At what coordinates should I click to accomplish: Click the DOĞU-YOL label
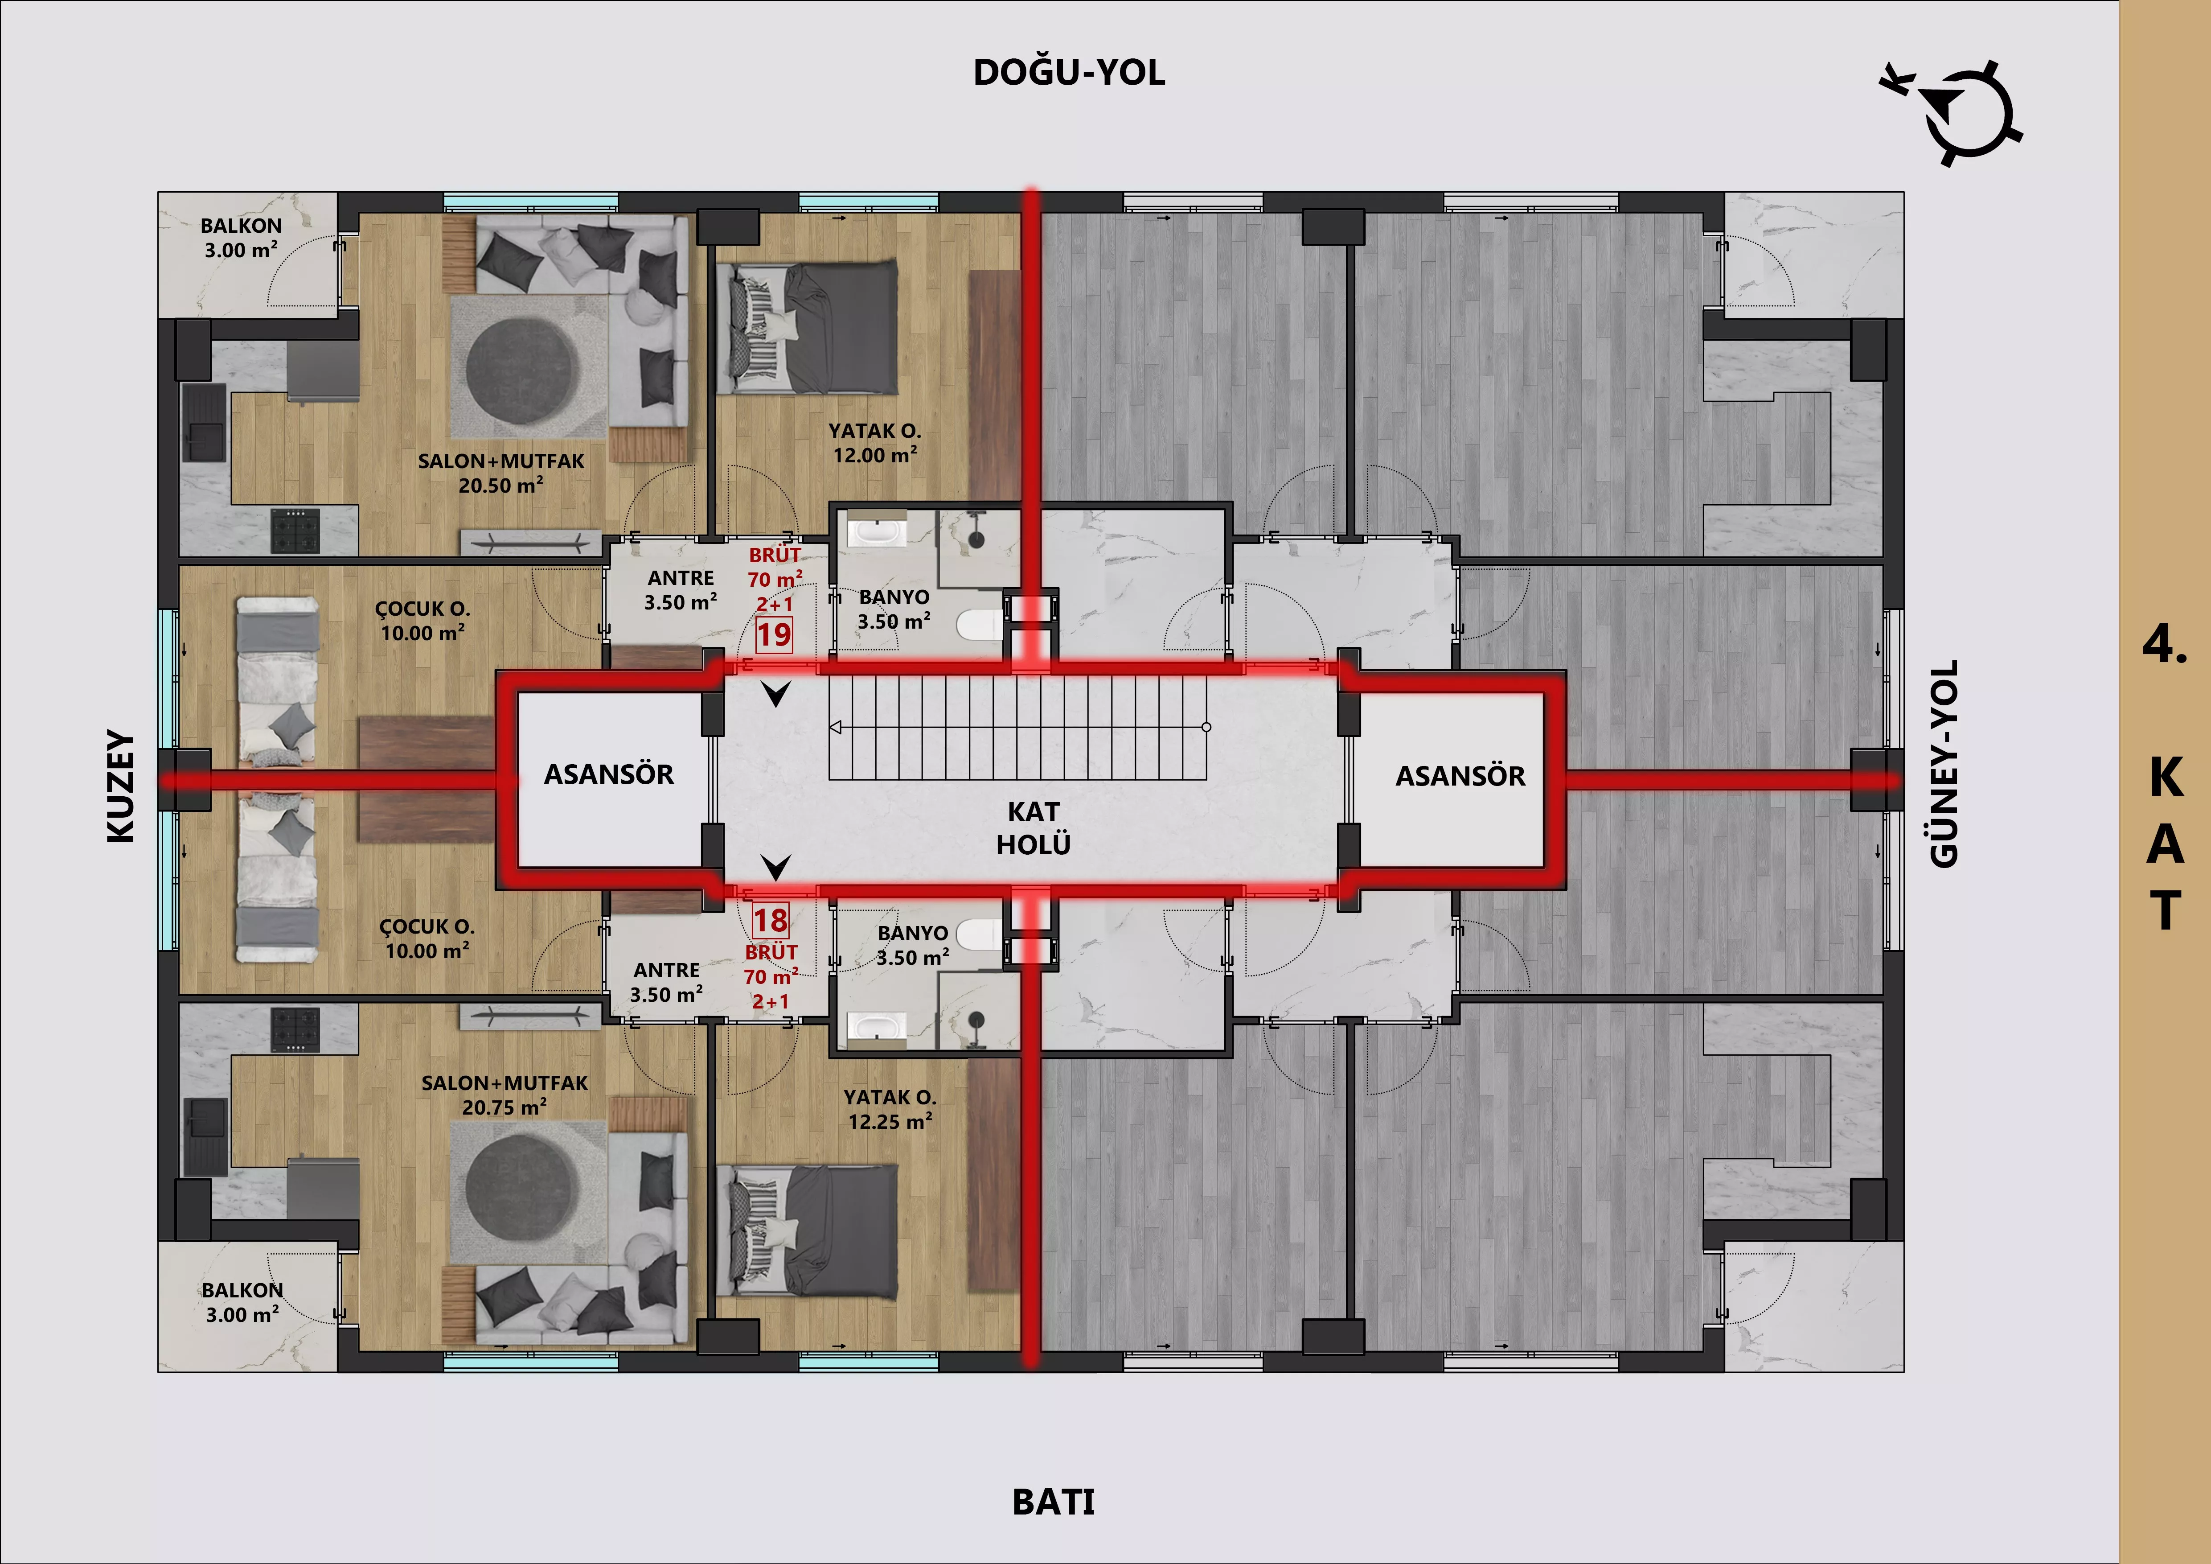point(1069,72)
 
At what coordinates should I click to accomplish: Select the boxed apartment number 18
point(771,921)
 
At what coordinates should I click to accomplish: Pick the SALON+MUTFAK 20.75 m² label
point(505,1095)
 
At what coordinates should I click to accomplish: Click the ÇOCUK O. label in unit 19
point(423,609)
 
